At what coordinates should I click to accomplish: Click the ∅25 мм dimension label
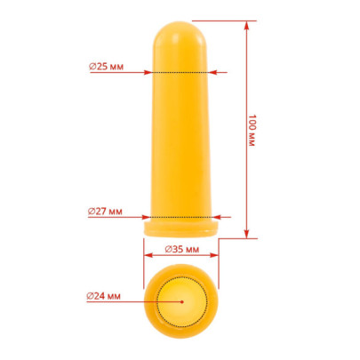106,67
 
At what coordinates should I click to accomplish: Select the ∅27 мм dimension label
105,212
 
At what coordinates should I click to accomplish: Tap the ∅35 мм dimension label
182,249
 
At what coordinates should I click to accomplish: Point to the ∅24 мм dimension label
104,296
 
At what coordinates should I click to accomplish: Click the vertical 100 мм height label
252,130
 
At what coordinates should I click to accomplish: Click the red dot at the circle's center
182,302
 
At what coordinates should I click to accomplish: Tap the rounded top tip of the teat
180,21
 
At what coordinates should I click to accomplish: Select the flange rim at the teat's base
181,228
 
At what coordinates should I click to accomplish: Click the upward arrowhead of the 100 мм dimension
246,26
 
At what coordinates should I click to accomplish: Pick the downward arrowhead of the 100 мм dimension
246,234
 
